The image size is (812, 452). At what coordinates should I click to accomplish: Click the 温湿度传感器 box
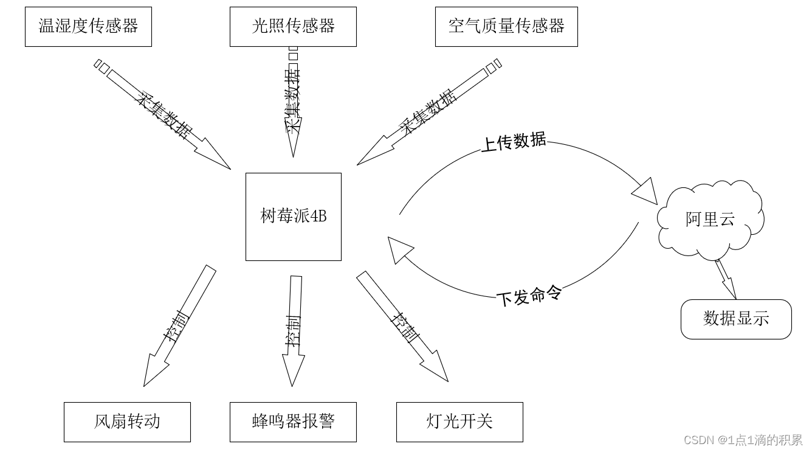pos(88,27)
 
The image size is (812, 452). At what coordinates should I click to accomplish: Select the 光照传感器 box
pos(293,27)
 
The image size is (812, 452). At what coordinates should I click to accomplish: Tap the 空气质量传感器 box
pos(506,27)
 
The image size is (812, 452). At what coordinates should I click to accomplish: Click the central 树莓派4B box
pos(294,217)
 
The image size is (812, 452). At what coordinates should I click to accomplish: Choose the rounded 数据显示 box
pos(736,319)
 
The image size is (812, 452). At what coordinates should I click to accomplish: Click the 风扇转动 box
pos(127,422)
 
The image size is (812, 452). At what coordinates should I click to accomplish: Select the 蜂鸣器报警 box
pos(293,422)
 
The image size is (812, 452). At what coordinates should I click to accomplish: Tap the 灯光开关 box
pos(459,422)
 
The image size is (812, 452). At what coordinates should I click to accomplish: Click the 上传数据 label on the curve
pos(514,142)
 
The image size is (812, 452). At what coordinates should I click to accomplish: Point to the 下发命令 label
pos(529,296)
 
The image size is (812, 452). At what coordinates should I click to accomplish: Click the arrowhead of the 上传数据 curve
pos(645,192)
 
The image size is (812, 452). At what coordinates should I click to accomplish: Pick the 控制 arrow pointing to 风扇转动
pos(176,329)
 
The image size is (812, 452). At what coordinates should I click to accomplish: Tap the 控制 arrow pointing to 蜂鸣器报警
pos(294,332)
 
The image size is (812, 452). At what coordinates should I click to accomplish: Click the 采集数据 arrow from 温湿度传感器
pos(164,115)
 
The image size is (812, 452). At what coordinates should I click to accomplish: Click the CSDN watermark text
pos(743,440)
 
